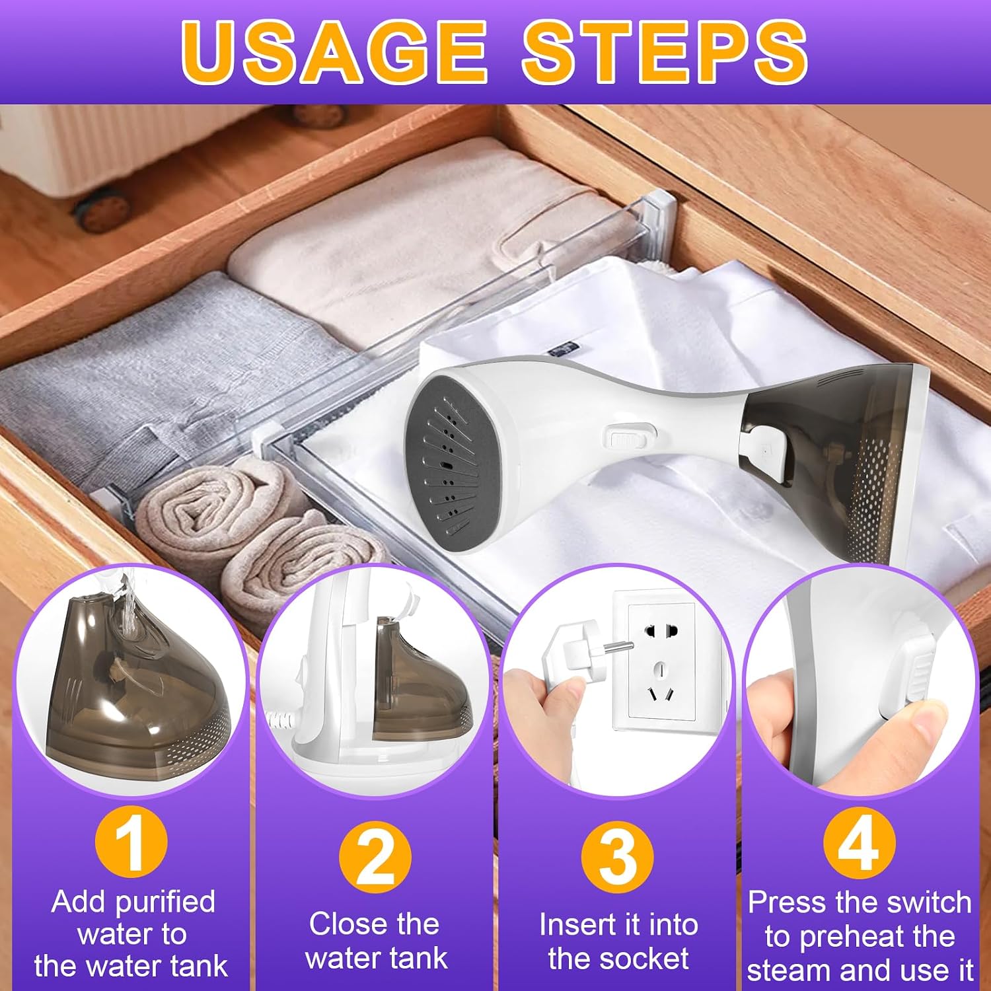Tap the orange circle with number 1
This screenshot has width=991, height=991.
coord(131,844)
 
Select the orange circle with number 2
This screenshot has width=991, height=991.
coord(375,858)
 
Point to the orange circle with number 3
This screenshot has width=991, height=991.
coord(617,858)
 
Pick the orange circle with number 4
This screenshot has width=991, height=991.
coord(859,844)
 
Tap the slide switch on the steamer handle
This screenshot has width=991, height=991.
coord(627,438)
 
